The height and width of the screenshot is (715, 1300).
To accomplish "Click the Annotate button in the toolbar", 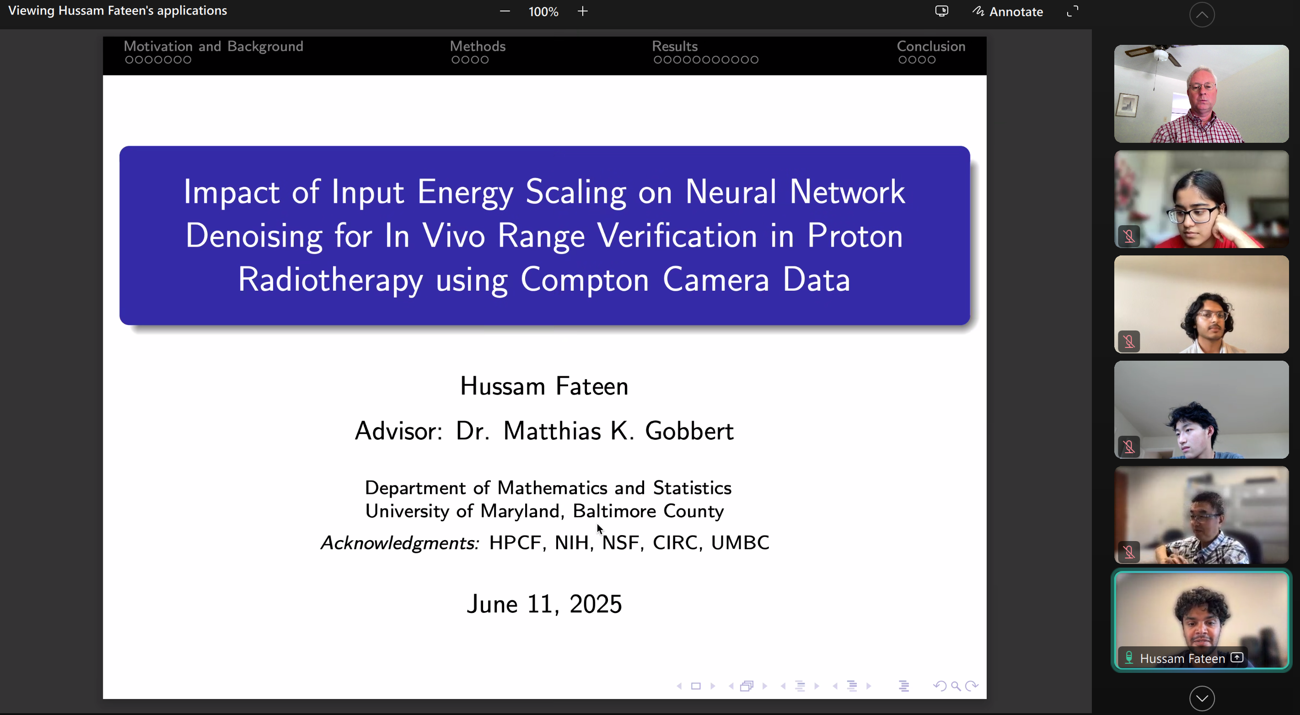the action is pos(1007,11).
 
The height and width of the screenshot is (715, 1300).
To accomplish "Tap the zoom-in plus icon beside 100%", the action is pos(582,11).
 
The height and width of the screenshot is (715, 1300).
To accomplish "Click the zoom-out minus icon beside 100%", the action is pos(505,11).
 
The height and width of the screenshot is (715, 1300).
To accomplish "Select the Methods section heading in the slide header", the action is pos(478,46).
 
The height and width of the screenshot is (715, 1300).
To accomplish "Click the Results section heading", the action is pos(675,46).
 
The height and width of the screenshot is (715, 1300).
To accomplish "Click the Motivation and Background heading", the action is pos(214,46).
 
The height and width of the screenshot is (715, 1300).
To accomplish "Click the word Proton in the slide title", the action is pos(855,235).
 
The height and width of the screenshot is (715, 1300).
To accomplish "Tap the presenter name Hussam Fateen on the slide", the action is pos(544,386).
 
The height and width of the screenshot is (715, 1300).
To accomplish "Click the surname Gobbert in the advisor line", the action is pos(689,431).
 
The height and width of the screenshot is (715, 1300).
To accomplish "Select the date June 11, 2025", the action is pos(544,604).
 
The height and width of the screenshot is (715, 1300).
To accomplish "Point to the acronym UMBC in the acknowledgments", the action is pos(740,542).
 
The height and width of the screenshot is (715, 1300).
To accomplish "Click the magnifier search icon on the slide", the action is pos(955,686).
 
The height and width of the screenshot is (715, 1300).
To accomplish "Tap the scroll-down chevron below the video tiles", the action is pos(1202,699).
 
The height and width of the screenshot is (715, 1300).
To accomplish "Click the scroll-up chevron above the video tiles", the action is pos(1202,15).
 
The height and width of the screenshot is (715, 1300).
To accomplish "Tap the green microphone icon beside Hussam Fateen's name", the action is pos(1129,658).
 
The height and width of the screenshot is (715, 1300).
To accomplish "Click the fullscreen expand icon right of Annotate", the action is pos(1072,11).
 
